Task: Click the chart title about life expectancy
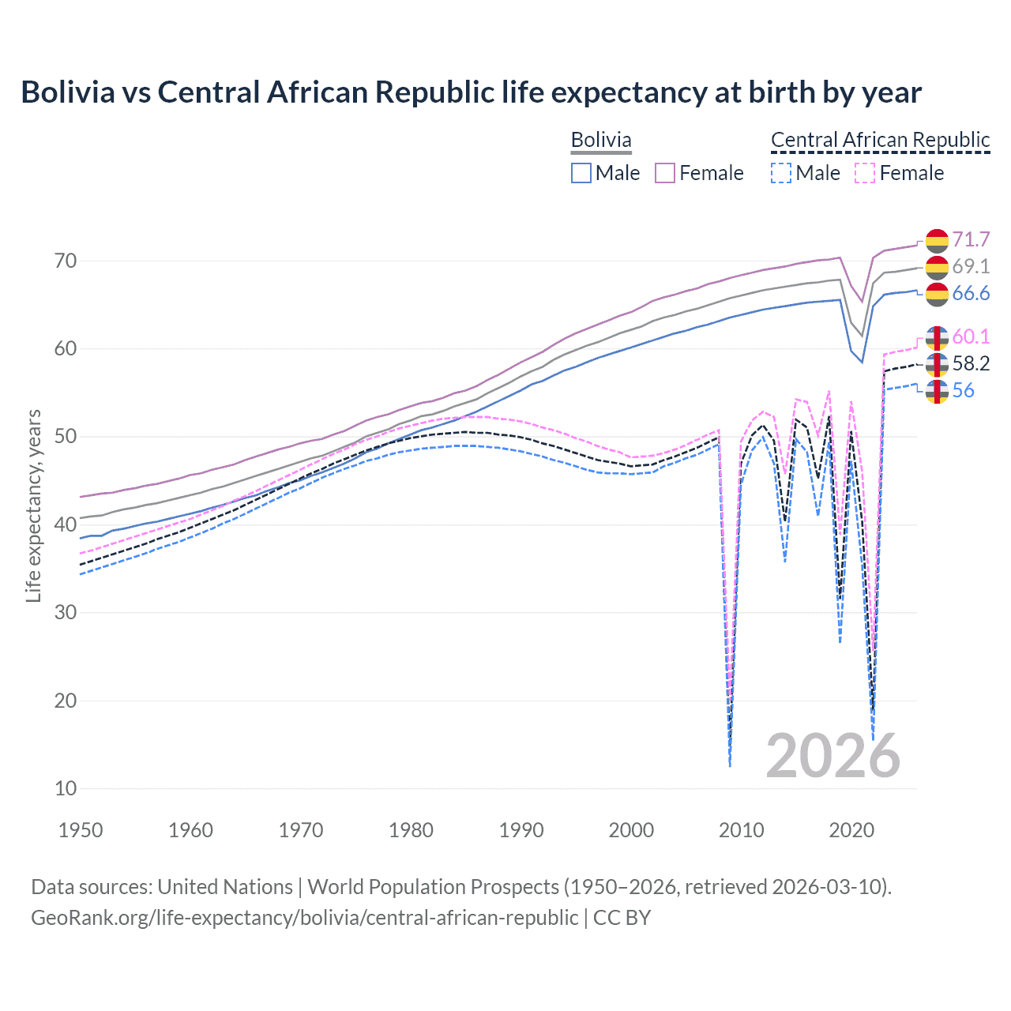point(471,92)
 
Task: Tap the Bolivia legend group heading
point(601,141)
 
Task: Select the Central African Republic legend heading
point(880,141)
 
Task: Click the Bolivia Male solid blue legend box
point(581,173)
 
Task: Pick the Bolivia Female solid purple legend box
point(665,173)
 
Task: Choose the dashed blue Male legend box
point(780,173)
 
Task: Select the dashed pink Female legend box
point(865,173)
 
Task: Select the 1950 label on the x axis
point(81,830)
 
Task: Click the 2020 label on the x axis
point(851,830)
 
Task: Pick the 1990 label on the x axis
point(521,830)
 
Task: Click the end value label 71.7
point(971,239)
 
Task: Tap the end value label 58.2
point(971,363)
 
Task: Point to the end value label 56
point(964,390)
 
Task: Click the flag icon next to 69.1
point(937,267)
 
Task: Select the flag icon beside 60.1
point(937,337)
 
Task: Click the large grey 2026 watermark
point(833,756)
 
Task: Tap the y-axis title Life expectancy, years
point(33,505)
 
